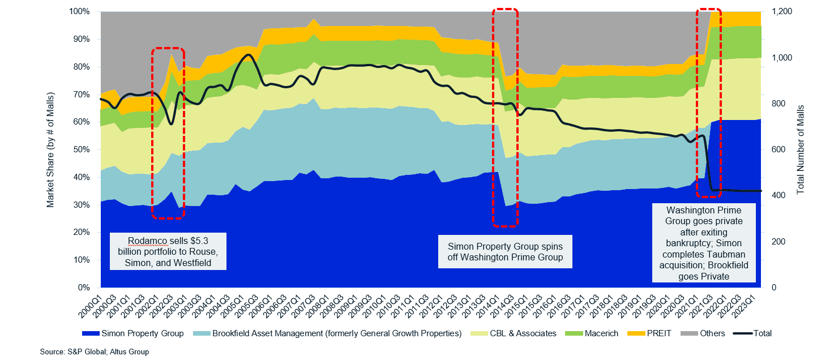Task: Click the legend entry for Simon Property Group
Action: (x=142, y=333)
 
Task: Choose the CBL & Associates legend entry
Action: (x=523, y=333)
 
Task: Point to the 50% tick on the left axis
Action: (x=83, y=150)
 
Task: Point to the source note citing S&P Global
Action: (x=94, y=352)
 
